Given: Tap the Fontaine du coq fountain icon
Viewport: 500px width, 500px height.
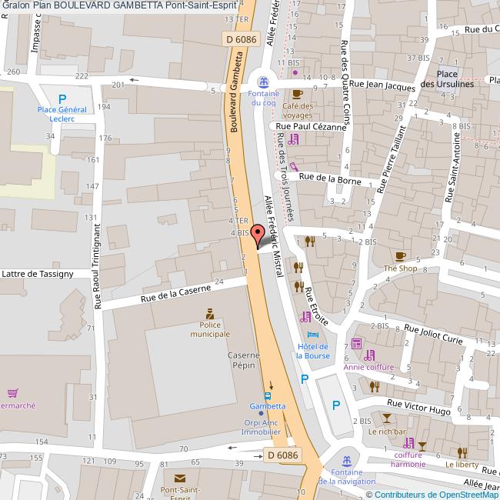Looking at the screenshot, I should pyautogui.click(x=263, y=81).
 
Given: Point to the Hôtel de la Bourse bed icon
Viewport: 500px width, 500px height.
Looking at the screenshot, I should pyautogui.click(x=312, y=336).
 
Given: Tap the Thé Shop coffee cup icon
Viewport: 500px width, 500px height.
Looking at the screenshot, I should pyautogui.click(x=400, y=255).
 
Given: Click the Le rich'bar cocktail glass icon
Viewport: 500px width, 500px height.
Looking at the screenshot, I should pyautogui.click(x=386, y=418).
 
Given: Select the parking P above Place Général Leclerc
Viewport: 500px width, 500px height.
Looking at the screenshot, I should pyautogui.click(x=62, y=98).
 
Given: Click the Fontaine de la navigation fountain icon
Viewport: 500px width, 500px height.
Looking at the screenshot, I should pyautogui.click(x=348, y=459).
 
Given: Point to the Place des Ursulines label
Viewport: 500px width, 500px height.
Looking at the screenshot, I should pyautogui.click(x=447, y=79).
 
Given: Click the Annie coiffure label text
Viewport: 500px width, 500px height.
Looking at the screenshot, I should pyautogui.click(x=369, y=367).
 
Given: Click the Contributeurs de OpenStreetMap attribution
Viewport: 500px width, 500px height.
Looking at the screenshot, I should pyautogui.click(x=436, y=494).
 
